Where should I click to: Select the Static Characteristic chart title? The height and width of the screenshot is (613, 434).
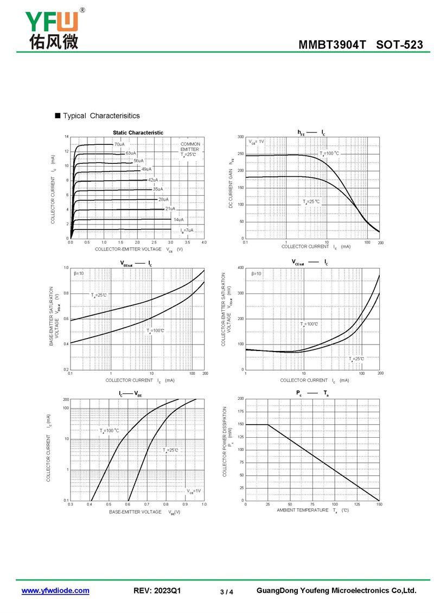[138, 132]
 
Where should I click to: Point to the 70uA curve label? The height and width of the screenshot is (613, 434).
[119, 144]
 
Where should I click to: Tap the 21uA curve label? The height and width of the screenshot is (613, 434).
[170, 208]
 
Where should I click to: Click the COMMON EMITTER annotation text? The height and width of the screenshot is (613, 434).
[190, 146]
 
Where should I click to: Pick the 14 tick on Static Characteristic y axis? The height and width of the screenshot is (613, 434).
[67, 137]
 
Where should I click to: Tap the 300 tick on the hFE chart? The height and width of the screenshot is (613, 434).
[240, 137]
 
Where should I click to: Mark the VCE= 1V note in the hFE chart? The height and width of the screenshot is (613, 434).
[256, 142]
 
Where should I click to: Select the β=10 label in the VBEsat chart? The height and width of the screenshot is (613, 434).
[79, 273]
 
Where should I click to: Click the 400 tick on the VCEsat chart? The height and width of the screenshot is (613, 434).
[240, 268]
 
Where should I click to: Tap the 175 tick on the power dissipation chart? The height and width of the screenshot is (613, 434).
[240, 412]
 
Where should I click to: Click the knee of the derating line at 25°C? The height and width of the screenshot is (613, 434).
[268, 424]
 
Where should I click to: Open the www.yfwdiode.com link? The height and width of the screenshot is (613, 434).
[55, 591]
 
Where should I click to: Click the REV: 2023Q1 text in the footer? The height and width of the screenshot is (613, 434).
[157, 591]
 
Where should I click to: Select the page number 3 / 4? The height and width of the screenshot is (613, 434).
[227, 592]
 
